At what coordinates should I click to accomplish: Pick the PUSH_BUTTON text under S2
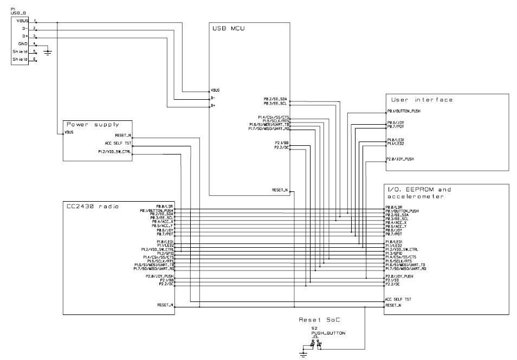317,333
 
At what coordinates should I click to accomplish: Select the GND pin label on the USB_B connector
23,43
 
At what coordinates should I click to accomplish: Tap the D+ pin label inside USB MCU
214,106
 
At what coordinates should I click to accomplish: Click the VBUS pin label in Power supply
69,132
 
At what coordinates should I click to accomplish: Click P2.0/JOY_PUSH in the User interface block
400,159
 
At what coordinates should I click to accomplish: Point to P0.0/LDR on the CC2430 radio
165,206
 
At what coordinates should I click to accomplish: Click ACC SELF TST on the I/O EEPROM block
398,299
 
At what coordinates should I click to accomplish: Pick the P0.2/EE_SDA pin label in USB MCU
276,99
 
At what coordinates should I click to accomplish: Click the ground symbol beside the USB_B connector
48,52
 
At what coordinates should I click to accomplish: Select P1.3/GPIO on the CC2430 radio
164,253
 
